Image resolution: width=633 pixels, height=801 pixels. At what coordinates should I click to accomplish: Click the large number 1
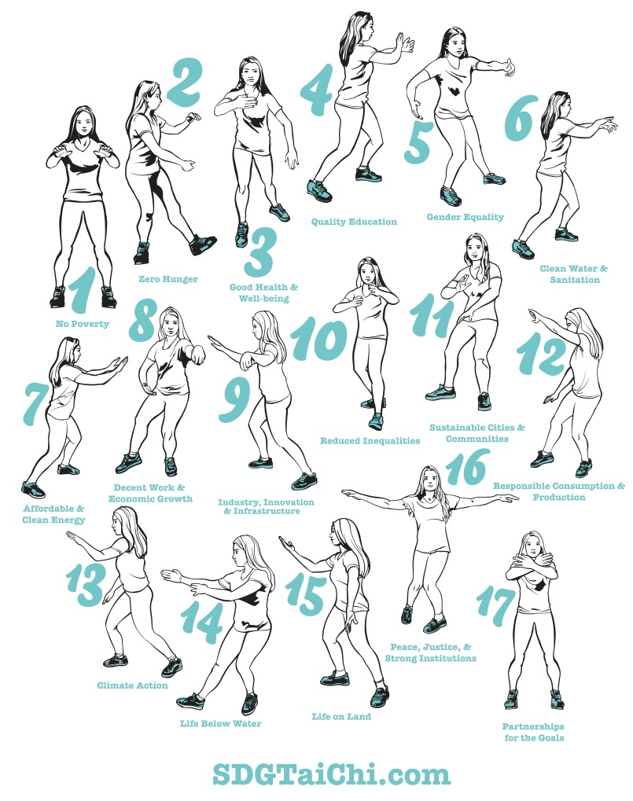pyautogui.click(x=81, y=289)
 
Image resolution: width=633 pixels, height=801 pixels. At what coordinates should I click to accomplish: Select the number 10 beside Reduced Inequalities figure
pyautogui.click(x=318, y=338)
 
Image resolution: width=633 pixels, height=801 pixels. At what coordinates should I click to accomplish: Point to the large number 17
pyautogui.click(x=495, y=608)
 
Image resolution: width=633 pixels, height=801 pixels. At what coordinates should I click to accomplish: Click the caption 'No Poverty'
pyautogui.click(x=83, y=324)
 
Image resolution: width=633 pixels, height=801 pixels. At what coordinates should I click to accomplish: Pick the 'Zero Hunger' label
pyautogui.click(x=168, y=279)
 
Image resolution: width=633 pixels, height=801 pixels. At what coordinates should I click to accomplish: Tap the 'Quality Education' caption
pyautogui.click(x=354, y=222)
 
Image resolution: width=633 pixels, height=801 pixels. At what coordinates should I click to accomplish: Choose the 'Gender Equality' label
pyautogui.click(x=466, y=217)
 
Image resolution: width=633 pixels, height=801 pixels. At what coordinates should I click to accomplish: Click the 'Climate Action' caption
pyautogui.click(x=132, y=685)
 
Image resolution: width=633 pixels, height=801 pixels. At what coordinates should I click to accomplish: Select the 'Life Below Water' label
pyautogui.click(x=220, y=724)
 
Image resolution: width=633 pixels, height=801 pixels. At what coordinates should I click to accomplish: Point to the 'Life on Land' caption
pyautogui.click(x=341, y=717)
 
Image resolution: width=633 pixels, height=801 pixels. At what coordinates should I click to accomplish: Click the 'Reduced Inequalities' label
pyautogui.click(x=370, y=441)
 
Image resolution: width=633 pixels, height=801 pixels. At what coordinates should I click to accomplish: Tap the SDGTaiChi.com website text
pyautogui.click(x=331, y=774)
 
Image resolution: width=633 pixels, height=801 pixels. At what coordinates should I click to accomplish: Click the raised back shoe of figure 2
pyautogui.click(x=203, y=244)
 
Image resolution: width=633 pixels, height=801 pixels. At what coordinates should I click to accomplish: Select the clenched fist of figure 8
pyautogui.click(x=197, y=355)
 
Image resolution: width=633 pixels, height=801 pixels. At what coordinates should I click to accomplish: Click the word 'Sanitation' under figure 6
pyautogui.click(x=575, y=280)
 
